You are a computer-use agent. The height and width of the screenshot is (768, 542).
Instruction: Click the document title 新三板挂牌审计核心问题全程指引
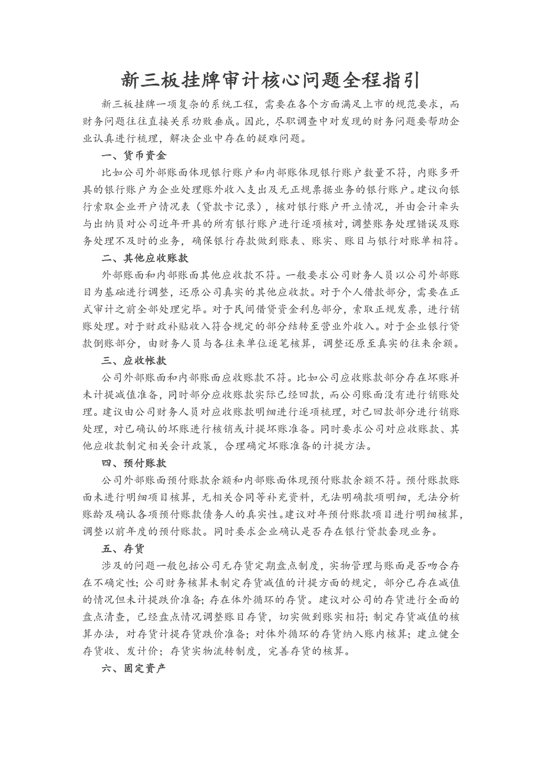270,79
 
